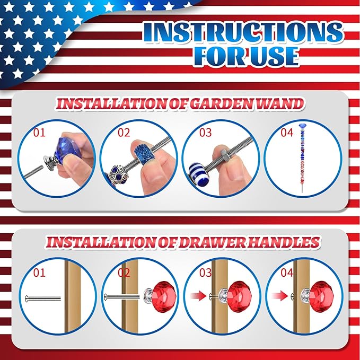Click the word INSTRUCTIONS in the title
[243, 32]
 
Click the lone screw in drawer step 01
[43, 298]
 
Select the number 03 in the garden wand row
[205, 133]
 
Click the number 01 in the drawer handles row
[39, 273]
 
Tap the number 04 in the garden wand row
[287, 133]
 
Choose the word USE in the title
[274, 56]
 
